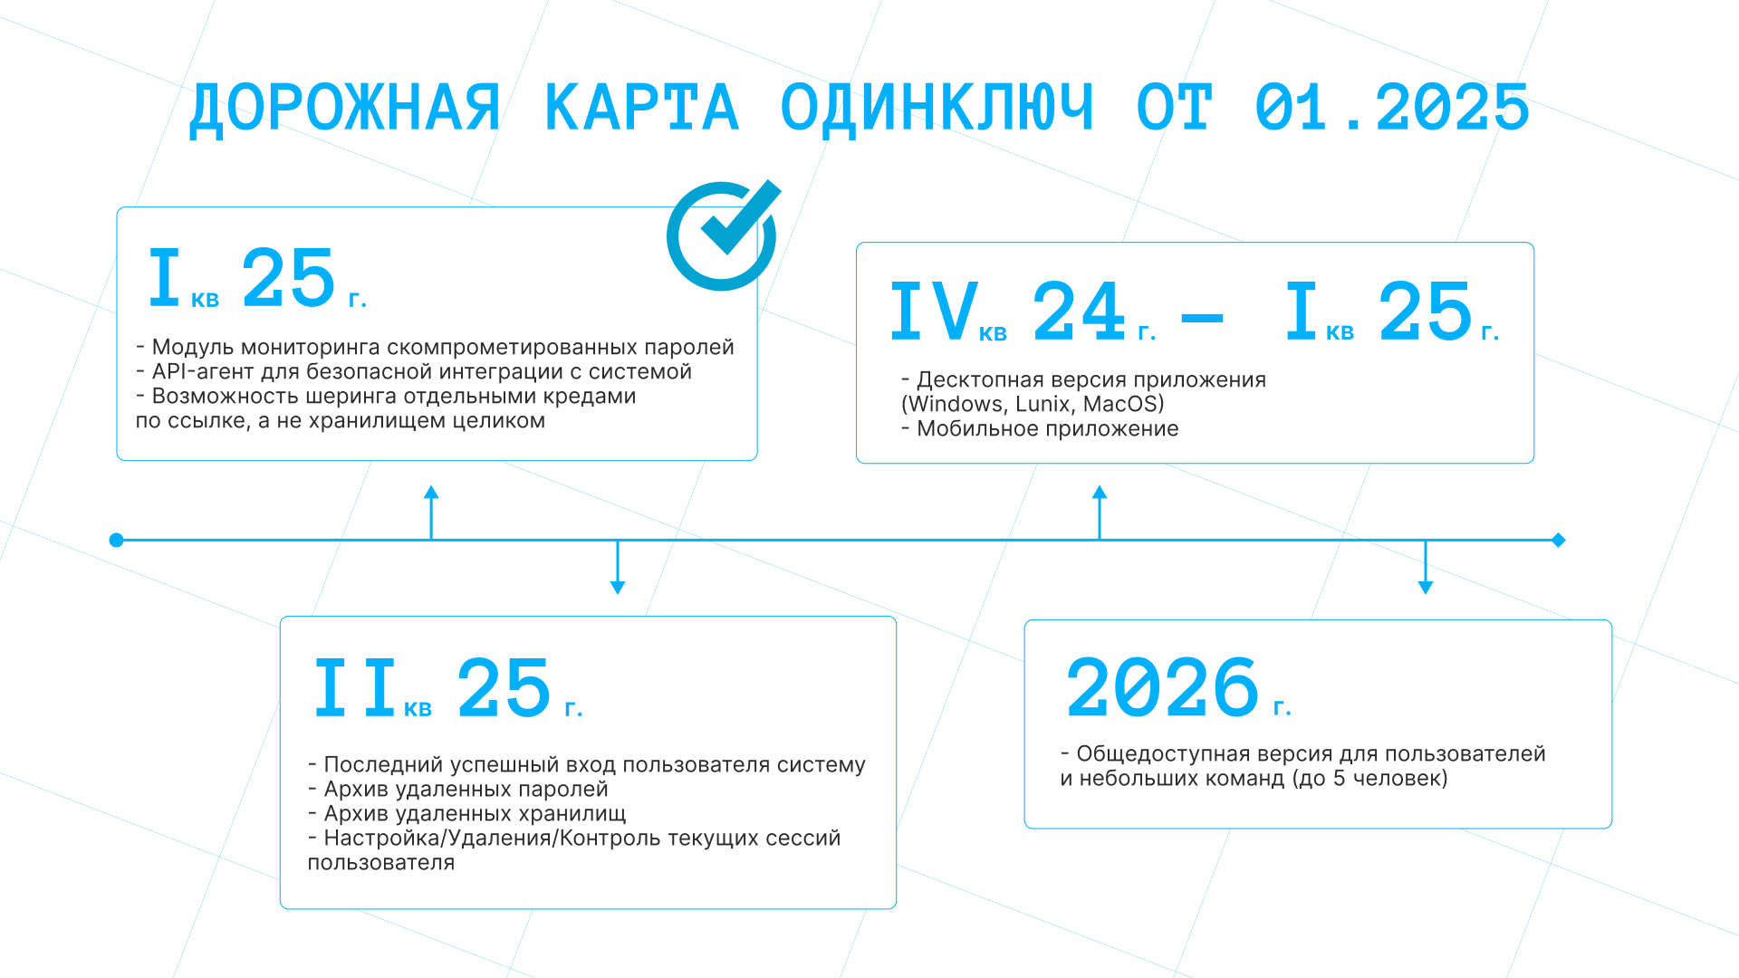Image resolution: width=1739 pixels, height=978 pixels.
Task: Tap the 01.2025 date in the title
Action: (1392, 108)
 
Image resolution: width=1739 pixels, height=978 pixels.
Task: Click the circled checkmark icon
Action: (724, 235)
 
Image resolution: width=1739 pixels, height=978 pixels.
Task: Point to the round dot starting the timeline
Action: (116, 541)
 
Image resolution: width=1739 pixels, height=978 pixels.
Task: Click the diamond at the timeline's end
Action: (1559, 541)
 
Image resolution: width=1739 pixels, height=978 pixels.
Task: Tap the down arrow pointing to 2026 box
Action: (1426, 567)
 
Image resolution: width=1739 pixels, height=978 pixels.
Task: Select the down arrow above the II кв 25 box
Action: (618, 567)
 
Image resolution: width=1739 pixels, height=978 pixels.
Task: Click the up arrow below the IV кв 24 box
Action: (1100, 513)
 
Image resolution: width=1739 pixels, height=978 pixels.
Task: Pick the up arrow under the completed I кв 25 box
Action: (431, 513)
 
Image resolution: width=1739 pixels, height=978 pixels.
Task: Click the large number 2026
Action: (1163, 687)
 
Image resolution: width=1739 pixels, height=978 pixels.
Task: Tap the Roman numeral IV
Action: (934, 311)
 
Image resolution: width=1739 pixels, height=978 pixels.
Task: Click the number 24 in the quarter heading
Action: (1079, 311)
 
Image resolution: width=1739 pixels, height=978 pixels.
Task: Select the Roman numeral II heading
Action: (355, 687)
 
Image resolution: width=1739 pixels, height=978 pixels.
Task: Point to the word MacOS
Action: (1123, 404)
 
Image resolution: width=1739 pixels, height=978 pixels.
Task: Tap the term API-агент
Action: (203, 371)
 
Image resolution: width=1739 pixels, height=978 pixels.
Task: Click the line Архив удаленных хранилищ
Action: (475, 813)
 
